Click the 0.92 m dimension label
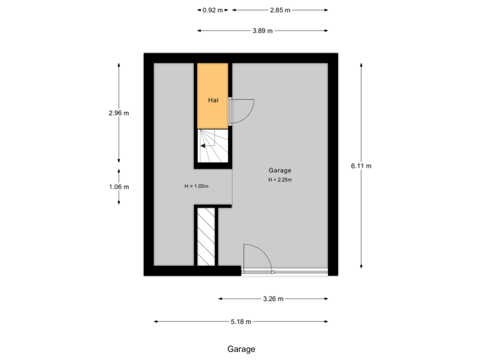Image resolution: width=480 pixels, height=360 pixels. click(213, 10)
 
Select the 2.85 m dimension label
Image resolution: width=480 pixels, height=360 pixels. click(280, 10)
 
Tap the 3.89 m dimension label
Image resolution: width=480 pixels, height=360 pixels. click(263, 31)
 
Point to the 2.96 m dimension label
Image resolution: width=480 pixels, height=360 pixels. click(119, 113)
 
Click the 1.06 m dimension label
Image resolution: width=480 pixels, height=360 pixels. click(119, 187)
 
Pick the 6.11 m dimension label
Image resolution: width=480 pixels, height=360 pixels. click(361, 166)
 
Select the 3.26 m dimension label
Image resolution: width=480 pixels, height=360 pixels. click(273, 299)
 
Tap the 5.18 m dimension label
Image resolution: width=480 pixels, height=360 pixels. click(241, 322)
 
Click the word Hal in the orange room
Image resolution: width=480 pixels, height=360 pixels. click(213, 101)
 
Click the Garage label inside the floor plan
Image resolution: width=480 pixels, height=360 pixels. click(280, 171)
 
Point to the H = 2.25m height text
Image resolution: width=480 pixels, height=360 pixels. click(281, 180)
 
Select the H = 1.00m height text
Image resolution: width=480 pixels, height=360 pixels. click(197, 186)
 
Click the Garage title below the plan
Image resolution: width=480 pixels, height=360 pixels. click(241, 349)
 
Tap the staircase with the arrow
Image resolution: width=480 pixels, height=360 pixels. click(213, 146)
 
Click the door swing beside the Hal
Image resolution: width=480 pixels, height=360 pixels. click(241, 111)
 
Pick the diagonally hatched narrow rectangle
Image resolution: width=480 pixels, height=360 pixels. click(206, 237)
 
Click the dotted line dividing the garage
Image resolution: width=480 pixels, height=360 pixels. click(232, 187)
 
